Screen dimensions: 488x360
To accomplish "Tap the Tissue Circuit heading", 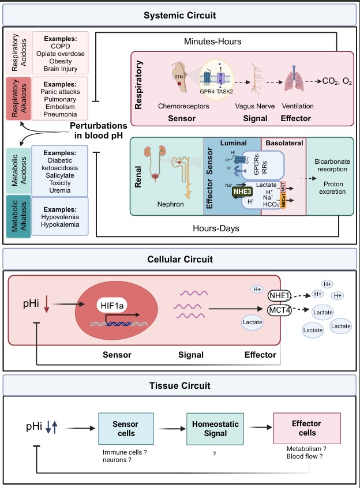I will [179, 385].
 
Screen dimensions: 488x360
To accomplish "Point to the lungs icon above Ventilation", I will [298, 82].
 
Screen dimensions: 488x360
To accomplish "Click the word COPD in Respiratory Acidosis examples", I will [60, 47].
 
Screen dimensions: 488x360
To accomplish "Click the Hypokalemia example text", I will [60, 224].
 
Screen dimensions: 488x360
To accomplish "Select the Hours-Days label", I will [217, 228].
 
